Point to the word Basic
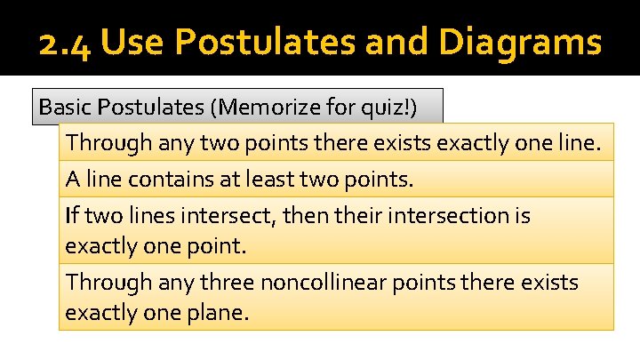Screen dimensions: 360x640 click(x=64, y=108)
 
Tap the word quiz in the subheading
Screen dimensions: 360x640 click(x=386, y=108)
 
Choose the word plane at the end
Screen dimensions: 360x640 click(x=220, y=313)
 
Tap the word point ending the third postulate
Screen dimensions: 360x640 click(x=214, y=245)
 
